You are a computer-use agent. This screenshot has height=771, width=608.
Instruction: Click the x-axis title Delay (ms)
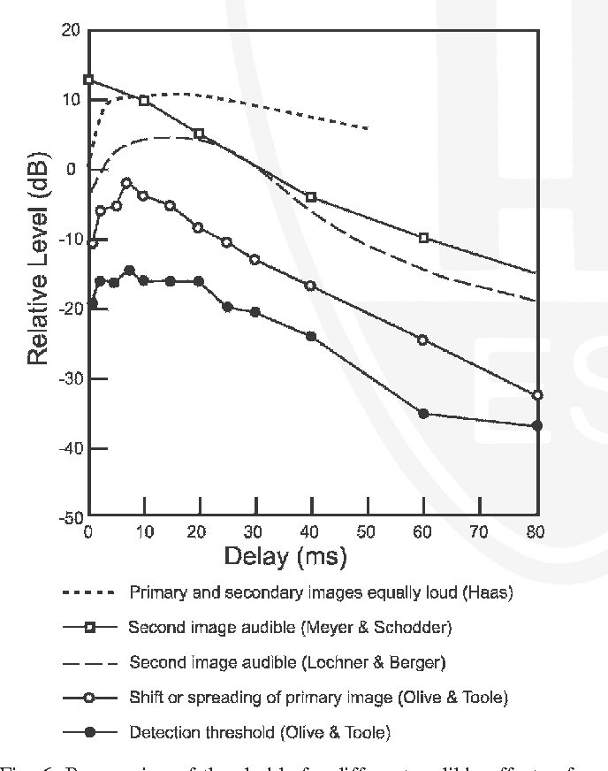point(285,557)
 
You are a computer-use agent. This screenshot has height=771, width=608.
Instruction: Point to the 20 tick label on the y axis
point(71,30)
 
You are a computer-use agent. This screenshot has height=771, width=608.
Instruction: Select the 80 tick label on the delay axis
point(536,532)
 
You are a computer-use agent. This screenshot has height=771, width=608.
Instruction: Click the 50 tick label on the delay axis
point(368,532)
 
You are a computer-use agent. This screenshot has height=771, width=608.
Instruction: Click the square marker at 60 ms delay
point(424,238)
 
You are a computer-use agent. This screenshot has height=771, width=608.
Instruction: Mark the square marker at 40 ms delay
point(311,197)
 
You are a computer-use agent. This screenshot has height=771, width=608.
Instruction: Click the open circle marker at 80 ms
point(536,395)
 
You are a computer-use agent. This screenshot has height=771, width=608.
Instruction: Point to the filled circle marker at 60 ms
point(424,414)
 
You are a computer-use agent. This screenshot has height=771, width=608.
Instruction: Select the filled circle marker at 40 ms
point(311,336)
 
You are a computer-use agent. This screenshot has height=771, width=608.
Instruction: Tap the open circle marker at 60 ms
point(423,340)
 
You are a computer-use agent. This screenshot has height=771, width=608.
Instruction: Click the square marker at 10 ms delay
point(144,100)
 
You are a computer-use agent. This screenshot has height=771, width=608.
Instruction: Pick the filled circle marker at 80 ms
point(536,425)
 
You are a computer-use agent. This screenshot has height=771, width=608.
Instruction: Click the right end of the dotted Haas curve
point(367,129)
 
